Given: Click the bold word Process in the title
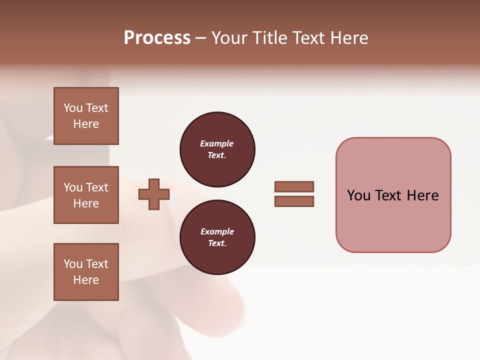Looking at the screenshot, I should [x=157, y=38].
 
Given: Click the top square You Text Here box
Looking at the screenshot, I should [x=86, y=116].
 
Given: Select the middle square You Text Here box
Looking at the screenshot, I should [x=86, y=195].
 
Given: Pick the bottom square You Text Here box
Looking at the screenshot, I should [x=86, y=272].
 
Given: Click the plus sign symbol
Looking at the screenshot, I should [x=154, y=194].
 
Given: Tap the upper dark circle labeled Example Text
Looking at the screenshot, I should [x=217, y=149].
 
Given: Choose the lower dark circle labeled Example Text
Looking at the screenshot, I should [x=217, y=237].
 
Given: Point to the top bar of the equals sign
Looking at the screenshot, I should [x=294, y=186].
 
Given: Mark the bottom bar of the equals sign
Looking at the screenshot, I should [x=294, y=201].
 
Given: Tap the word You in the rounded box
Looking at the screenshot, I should [x=358, y=195].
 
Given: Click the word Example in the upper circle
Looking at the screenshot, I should [x=216, y=143].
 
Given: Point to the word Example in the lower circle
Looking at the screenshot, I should [x=217, y=231].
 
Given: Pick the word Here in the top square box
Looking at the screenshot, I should [x=86, y=124].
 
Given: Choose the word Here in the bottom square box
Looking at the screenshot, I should [x=86, y=280].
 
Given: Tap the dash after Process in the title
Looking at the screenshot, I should [x=201, y=38].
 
